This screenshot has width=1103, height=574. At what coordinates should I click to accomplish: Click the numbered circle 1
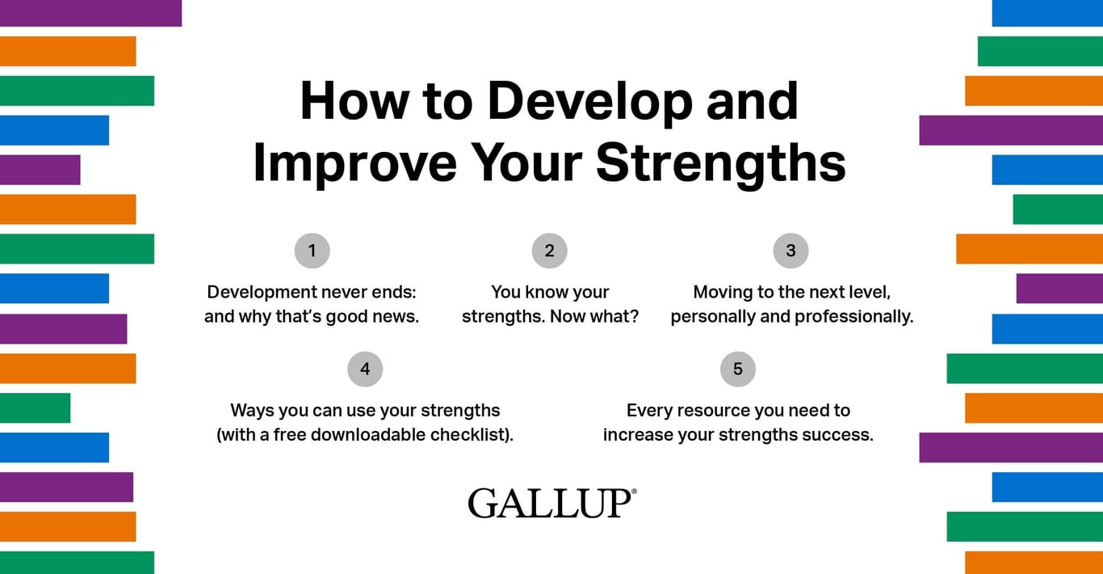tap(312, 251)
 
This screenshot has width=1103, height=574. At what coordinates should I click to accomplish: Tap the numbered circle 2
tap(549, 251)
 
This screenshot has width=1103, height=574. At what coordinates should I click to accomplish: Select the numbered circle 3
tap(791, 251)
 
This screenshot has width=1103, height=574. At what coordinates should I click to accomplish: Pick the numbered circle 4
tap(365, 369)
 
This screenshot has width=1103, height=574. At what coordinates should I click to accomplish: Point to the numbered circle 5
tap(737, 369)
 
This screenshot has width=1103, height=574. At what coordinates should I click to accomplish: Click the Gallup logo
tap(549, 503)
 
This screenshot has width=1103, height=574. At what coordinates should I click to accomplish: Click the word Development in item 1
tap(257, 293)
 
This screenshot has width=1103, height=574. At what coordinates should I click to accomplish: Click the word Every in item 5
tap(649, 411)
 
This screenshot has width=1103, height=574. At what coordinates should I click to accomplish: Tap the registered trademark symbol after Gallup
tap(634, 492)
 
